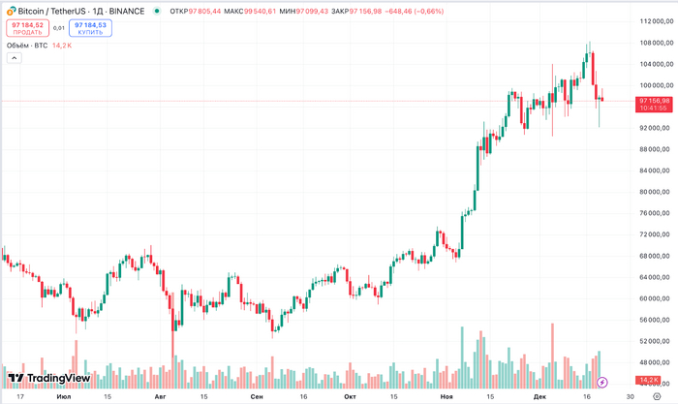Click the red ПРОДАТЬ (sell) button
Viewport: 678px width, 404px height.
[x=27, y=28]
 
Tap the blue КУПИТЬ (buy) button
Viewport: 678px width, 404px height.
[x=90, y=28]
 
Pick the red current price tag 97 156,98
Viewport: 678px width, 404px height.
[x=655, y=101]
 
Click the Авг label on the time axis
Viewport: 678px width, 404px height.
[x=160, y=396]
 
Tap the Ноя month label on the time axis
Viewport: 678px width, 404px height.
[x=446, y=396]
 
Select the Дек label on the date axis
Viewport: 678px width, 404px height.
[x=539, y=396]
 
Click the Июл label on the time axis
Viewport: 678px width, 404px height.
[x=64, y=396]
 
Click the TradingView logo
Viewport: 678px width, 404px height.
[x=48, y=378]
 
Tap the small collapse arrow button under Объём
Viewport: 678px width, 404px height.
[x=14, y=58]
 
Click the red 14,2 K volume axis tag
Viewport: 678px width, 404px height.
[x=648, y=380]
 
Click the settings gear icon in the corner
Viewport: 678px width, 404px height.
[x=657, y=396]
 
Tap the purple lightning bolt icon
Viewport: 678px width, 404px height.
[x=602, y=382]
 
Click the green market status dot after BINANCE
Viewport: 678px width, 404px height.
[x=157, y=11]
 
